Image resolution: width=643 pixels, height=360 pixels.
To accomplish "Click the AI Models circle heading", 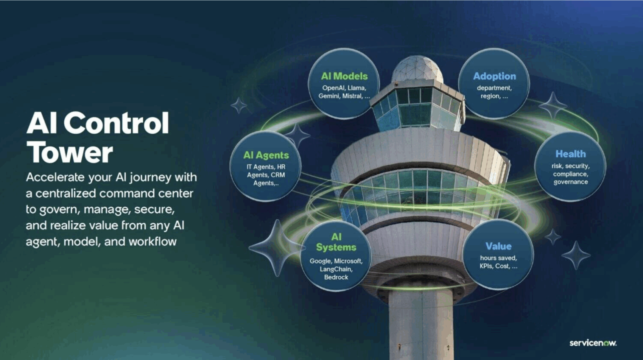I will point(344,76).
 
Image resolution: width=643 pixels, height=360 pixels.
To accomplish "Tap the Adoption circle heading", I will point(494,76).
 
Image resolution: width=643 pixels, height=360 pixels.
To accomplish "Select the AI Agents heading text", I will point(266,155).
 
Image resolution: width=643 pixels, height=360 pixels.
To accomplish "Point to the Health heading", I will point(570,154).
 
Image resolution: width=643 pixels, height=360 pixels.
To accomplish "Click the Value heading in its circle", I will point(498,246).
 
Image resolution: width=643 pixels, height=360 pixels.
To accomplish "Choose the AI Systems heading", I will point(336,242).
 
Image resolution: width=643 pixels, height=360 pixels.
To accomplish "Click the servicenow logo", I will point(593,343).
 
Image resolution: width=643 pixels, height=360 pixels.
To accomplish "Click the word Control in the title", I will point(116,123).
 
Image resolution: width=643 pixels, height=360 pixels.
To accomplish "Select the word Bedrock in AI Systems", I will point(336,277).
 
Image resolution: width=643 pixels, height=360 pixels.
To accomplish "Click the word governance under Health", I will point(570,182).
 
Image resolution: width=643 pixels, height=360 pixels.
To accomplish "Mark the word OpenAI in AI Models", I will point(333,88).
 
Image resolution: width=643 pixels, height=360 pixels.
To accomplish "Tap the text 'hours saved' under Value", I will point(498,258).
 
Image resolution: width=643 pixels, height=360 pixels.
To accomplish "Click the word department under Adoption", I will point(494,88).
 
